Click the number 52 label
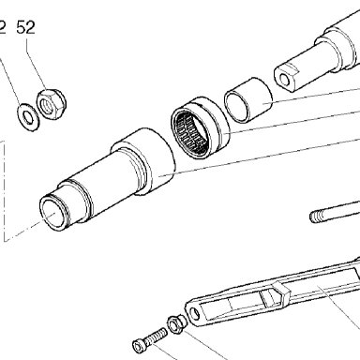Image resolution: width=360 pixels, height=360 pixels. click(x=25, y=27)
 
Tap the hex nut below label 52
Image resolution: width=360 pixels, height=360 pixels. click(x=52, y=104)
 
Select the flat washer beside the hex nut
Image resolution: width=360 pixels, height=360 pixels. click(x=28, y=117)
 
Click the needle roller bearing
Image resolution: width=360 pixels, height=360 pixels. click(x=200, y=127)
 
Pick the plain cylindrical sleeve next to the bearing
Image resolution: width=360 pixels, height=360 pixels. click(x=248, y=100)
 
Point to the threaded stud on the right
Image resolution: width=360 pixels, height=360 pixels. click(x=335, y=213)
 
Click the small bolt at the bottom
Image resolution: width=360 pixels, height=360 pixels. click(x=150, y=340)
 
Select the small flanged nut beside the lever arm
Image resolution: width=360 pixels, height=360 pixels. click(x=176, y=324)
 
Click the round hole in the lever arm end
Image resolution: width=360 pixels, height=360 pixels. click(x=195, y=313)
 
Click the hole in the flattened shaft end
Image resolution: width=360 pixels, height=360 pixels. click(x=284, y=80)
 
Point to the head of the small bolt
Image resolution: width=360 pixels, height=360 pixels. click(x=140, y=346)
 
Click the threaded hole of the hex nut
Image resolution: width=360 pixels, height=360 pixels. click(x=48, y=105)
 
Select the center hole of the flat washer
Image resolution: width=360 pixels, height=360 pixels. click(x=28, y=117)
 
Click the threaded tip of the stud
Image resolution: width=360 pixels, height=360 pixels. click(x=316, y=217)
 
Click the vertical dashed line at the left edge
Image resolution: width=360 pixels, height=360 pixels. click(x=5, y=191)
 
